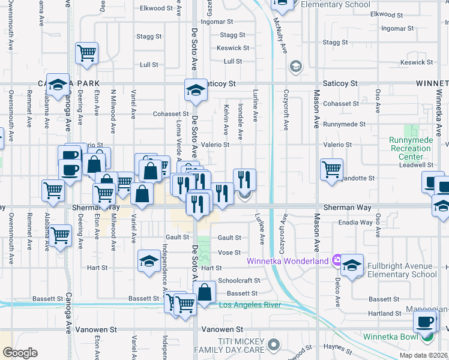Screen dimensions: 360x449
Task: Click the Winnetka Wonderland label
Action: (x=288, y=260)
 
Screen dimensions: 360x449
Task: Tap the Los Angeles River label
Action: (x=249, y=305)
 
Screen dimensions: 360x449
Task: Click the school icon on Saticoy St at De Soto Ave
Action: (x=195, y=90)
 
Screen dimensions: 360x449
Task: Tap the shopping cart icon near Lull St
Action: (x=87, y=53)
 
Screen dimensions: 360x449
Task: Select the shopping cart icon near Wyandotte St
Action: (x=331, y=169)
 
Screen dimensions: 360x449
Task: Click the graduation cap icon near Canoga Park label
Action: (x=58, y=85)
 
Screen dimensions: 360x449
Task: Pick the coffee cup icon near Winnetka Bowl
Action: (x=424, y=321)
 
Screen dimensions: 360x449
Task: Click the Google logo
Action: (x=19, y=353)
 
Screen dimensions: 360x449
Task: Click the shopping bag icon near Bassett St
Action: (x=205, y=294)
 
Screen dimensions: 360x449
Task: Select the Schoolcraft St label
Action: (x=239, y=280)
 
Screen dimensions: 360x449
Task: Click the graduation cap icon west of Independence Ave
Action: (x=148, y=261)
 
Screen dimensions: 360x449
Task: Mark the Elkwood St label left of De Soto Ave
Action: (x=151, y=9)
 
